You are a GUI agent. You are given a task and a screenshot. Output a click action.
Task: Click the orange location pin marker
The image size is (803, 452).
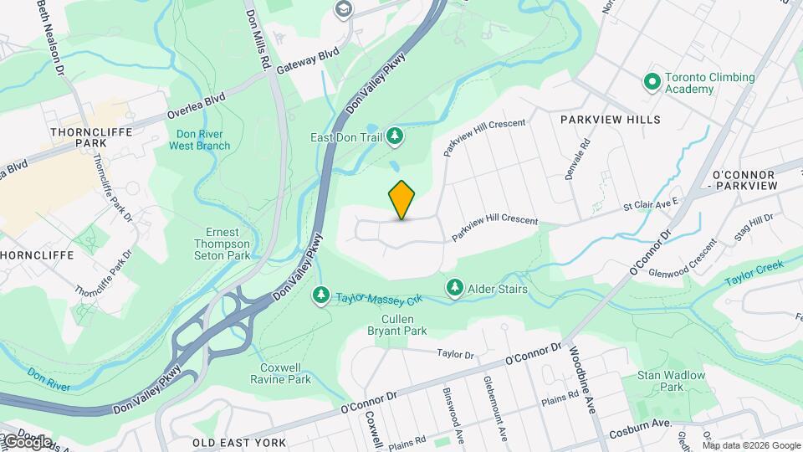(402, 200)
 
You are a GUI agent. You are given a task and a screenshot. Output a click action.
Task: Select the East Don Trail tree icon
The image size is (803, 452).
(395, 136)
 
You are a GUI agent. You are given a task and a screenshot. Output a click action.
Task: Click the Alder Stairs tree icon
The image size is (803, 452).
(454, 288)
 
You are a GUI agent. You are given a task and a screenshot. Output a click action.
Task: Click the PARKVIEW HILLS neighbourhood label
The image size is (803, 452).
(610, 120)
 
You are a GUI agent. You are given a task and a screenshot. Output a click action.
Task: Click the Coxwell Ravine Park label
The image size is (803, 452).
(280, 373)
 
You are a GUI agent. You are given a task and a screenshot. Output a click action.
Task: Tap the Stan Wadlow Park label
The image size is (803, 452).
(672, 381)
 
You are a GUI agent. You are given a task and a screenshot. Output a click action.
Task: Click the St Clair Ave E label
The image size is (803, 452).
(652, 203)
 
